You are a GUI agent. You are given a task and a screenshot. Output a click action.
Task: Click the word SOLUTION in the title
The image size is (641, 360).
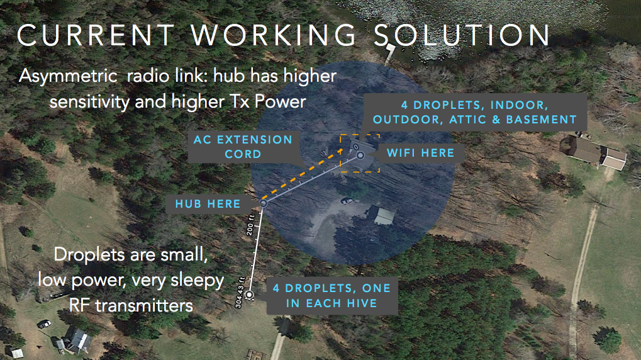pyautogui.click(x=462, y=35)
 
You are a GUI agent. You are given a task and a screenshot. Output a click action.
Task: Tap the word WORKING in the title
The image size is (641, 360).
pyautogui.click(x=274, y=35)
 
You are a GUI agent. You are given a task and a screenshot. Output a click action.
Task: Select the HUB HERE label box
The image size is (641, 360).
pyautogui.click(x=208, y=204)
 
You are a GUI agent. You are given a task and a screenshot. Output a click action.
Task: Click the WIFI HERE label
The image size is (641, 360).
pyautogui.click(x=420, y=153)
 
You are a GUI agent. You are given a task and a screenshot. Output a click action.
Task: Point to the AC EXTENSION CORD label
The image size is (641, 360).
pyautogui.click(x=243, y=147)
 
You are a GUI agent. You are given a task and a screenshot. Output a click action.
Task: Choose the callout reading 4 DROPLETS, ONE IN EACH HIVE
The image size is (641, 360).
pyautogui.click(x=332, y=296)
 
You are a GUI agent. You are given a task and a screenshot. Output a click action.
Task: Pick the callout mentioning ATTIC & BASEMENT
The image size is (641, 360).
pyautogui.click(x=475, y=112)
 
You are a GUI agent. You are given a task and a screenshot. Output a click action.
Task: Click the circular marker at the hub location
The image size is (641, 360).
pyautogui.click(x=264, y=203)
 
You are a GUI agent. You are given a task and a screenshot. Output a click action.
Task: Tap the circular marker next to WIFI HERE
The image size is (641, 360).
pyautogui.click(x=360, y=155)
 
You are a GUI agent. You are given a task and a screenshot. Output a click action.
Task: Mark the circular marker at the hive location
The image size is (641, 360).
pyautogui.click(x=249, y=295)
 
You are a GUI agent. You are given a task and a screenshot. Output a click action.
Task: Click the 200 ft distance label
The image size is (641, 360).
pyautogui.click(x=250, y=225)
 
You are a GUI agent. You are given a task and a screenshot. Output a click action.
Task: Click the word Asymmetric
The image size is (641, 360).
pyautogui.click(x=68, y=76)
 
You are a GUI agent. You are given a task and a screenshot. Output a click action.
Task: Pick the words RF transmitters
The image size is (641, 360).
pyautogui.click(x=131, y=306)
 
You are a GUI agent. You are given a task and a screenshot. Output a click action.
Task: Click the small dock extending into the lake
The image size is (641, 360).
pyautogui.click(x=390, y=53)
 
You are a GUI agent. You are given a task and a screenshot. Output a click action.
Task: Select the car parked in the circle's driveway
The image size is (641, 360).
pyautogui.click(x=347, y=200)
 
